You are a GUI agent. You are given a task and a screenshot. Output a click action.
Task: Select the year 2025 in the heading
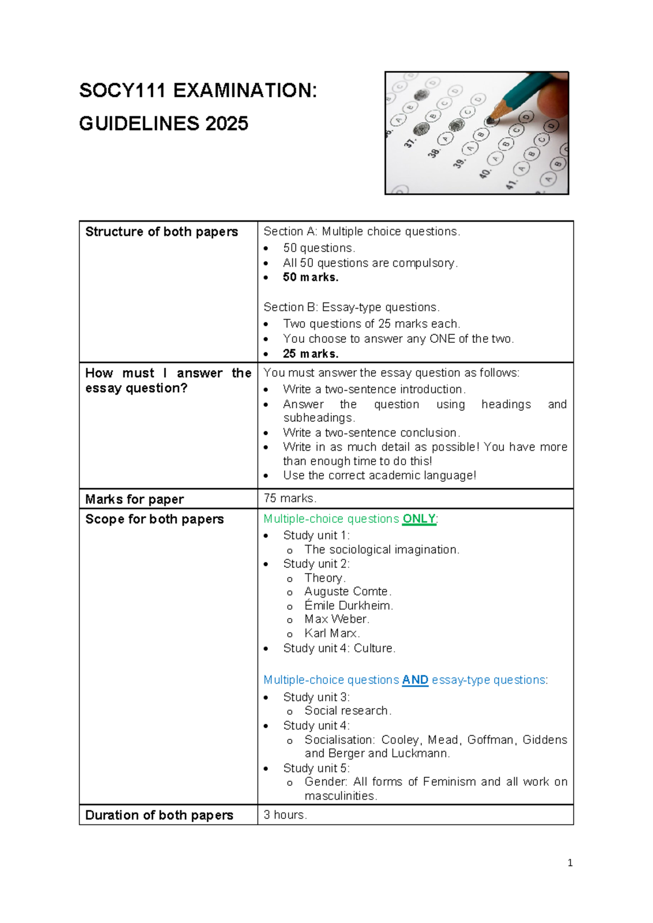click(x=227, y=124)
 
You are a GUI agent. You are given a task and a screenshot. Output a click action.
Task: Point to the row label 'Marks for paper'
click(x=134, y=499)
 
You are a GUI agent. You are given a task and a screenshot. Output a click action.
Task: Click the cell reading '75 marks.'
click(x=290, y=499)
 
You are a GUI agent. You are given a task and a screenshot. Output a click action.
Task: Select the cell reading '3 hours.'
click(x=285, y=815)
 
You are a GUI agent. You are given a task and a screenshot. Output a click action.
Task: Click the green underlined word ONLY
click(x=418, y=519)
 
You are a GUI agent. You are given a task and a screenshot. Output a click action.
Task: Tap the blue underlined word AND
click(x=415, y=680)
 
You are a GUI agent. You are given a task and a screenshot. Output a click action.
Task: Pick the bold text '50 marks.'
click(x=311, y=278)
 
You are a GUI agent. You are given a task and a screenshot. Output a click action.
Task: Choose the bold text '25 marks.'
click(x=311, y=354)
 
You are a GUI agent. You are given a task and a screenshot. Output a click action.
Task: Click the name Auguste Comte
click(x=347, y=592)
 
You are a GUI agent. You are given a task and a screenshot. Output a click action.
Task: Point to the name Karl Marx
click(x=331, y=633)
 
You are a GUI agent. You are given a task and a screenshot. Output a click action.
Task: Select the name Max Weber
click(x=336, y=619)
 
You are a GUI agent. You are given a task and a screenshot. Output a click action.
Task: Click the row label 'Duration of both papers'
click(x=159, y=815)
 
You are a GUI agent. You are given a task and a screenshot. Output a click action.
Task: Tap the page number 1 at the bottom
click(x=570, y=863)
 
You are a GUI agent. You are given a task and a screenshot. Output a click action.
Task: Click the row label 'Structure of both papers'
click(x=161, y=232)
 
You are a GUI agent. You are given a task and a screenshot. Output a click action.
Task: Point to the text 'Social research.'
click(x=348, y=711)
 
